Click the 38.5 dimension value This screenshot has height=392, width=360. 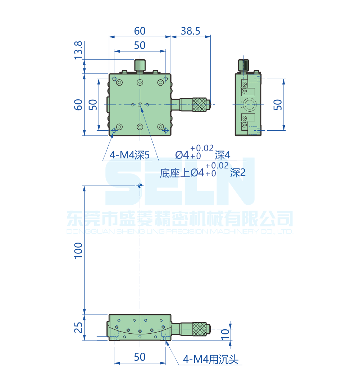tap(190, 31)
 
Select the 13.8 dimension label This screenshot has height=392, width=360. tap(78, 50)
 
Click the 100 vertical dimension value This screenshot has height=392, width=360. tap(78, 250)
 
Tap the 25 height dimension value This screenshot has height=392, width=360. tap(78, 328)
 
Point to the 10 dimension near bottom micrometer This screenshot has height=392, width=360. tap(225, 334)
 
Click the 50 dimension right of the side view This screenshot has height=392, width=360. tap(278, 104)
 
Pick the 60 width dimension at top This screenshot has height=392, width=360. tap(140, 31)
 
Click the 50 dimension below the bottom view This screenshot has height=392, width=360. tap(140, 357)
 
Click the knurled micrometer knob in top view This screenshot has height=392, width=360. tap(200, 104)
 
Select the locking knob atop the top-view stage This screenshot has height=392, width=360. tap(140, 65)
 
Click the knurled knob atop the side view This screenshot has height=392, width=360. tap(243, 65)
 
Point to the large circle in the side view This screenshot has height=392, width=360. tap(249, 105)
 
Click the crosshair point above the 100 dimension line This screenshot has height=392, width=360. tap(140, 186)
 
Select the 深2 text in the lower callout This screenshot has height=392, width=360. tap(238, 173)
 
